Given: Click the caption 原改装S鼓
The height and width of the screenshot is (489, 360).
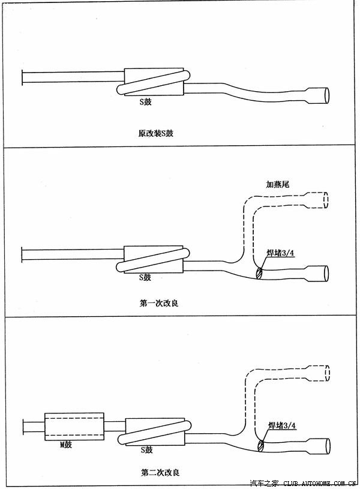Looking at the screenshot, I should pyautogui.click(x=155, y=133).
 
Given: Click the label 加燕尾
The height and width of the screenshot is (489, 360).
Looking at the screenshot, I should pyautogui.click(x=278, y=185).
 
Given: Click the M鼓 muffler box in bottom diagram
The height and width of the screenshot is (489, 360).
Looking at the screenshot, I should pyautogui.click(x=74, y=427).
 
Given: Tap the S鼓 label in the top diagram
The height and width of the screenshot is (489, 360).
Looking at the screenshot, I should pyautogui.click(x=145, y=102).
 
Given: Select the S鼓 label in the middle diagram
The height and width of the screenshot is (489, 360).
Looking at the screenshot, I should pyautogui.click(x=145, y=277).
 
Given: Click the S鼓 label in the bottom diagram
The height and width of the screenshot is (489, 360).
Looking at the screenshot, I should pyautogui.click(x=146, y=449).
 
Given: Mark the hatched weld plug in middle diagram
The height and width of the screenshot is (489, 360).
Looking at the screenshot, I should pyautogui.click(x=259, y=273).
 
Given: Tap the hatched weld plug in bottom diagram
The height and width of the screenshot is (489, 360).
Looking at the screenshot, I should pyautogui.click(x=260, y=445).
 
